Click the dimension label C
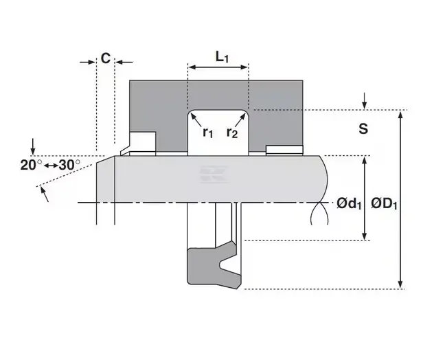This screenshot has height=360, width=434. (106, 58)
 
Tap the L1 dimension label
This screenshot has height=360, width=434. (222, 57)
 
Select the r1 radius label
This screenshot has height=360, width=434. (208, 133)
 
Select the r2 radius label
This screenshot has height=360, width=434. (232, 133)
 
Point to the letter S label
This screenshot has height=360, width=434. (363, 128)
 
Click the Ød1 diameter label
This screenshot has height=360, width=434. (349, 204)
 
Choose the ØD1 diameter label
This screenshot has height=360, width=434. (384, 204)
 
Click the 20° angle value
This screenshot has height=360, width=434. (31, 165)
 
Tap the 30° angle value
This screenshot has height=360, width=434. (69, 165)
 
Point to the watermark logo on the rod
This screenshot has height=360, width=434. (214, 175)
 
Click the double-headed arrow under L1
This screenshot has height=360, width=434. (218, 67)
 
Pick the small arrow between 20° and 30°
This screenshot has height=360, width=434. (52, 166)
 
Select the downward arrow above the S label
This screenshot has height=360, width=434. (365, 101)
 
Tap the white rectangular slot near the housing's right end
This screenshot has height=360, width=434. (284, 150)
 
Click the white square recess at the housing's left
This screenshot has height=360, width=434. (143, 142)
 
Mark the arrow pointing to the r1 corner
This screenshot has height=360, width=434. (196, 120)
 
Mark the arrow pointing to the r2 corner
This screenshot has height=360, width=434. (240, 120)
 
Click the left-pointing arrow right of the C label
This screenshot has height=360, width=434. (124, 62)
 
